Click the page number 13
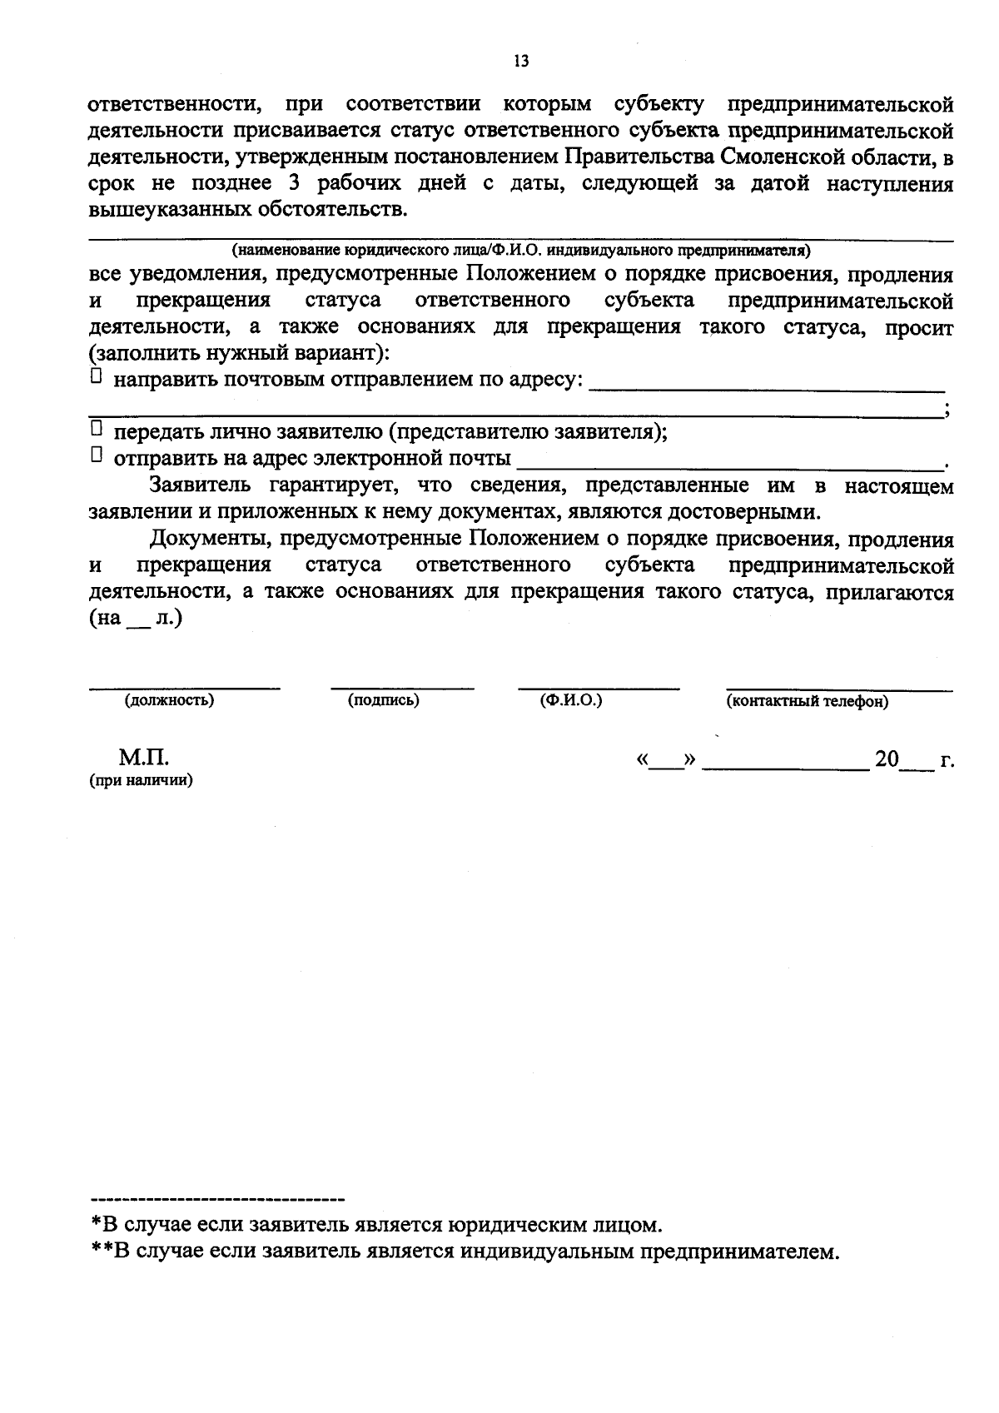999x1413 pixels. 521,62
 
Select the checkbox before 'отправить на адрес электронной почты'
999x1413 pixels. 96,455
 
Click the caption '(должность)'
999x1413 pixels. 169,700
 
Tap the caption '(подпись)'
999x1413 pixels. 383,700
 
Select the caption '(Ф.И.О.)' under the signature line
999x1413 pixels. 570,700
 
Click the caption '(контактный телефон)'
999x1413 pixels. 807,701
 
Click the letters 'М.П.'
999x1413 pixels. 143,759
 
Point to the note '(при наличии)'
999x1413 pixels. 142,781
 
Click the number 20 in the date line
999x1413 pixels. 887,759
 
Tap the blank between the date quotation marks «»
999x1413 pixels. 666,762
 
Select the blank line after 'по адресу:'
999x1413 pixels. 766,385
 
